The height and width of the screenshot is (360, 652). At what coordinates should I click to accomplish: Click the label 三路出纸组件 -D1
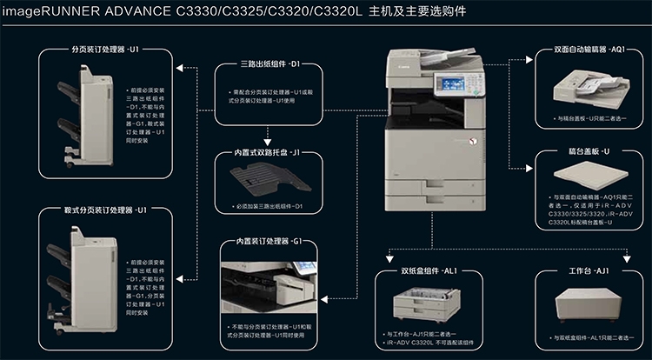(x=269, y=64)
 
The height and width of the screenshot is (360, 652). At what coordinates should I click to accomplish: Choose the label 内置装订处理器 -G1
(x=269, y=241)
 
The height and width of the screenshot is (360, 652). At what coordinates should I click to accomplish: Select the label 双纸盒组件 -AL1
(x=427, y=271)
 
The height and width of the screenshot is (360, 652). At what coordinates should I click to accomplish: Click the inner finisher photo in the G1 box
(x=269, y=287)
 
